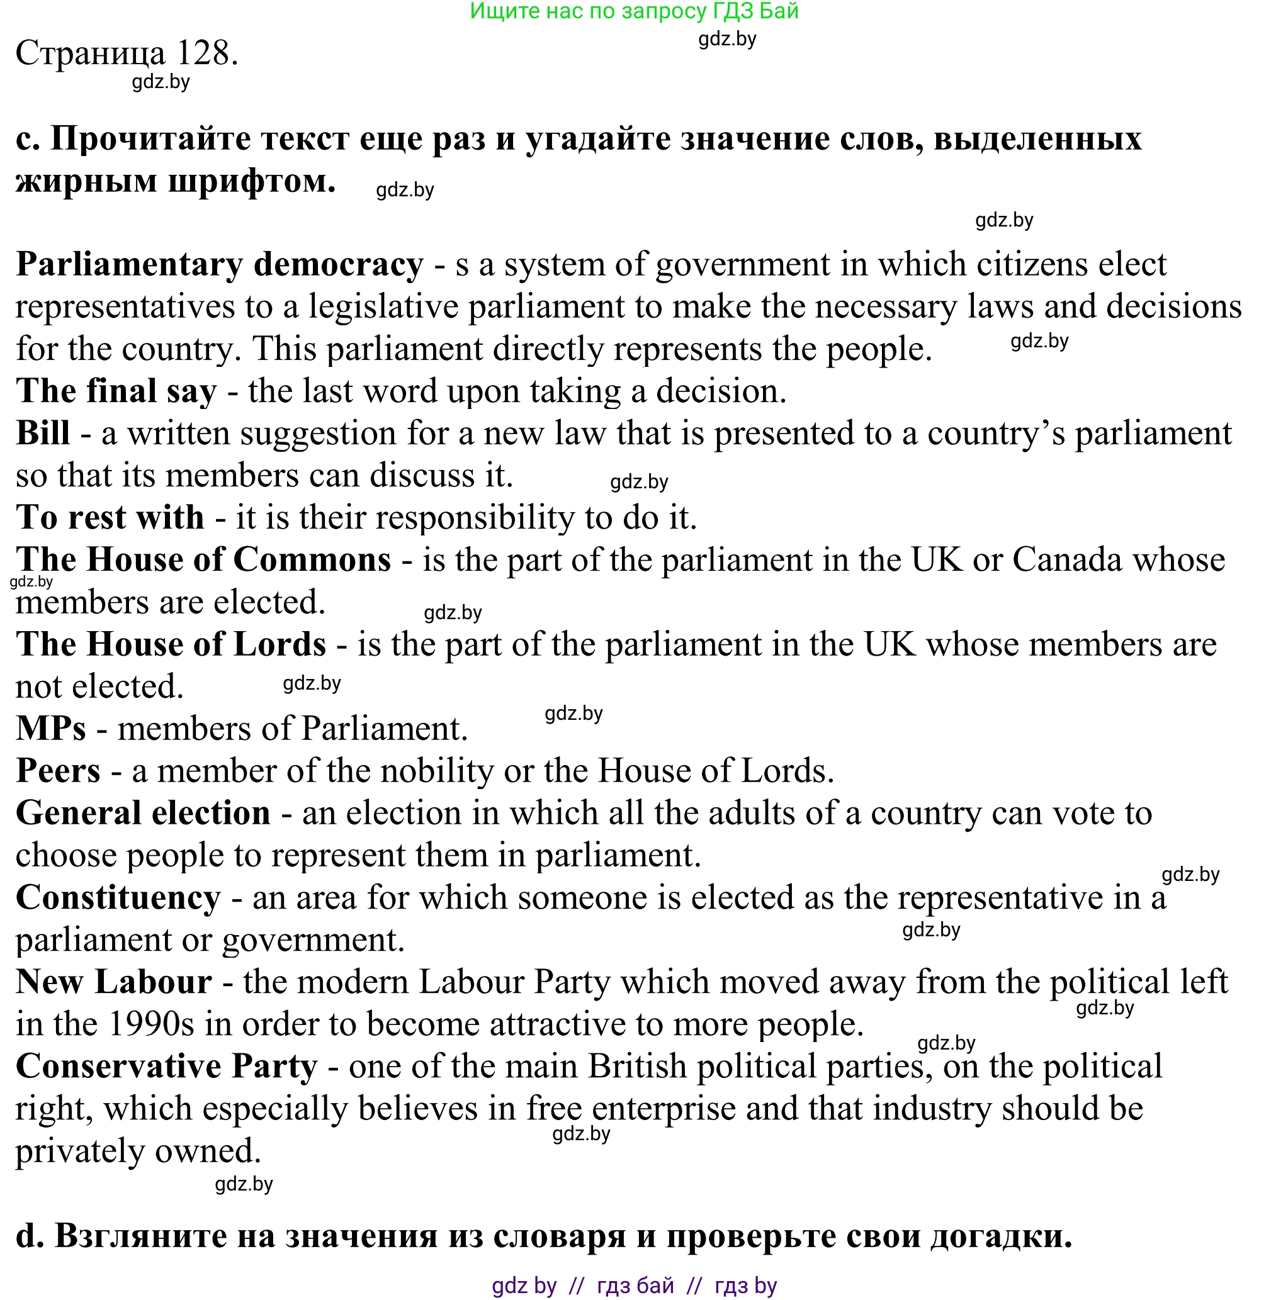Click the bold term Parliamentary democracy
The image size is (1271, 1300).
220,265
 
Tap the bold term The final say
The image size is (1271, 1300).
116,391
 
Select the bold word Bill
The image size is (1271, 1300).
43,433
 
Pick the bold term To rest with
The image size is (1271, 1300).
110,518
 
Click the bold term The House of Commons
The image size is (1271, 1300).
203,560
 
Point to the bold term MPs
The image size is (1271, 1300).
51,729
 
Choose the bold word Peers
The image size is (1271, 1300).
58,771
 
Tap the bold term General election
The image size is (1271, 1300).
143,814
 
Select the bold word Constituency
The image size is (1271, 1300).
118,897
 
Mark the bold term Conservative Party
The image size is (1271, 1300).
166,1067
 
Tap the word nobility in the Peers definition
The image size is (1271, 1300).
438,771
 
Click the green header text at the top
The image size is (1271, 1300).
634,11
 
